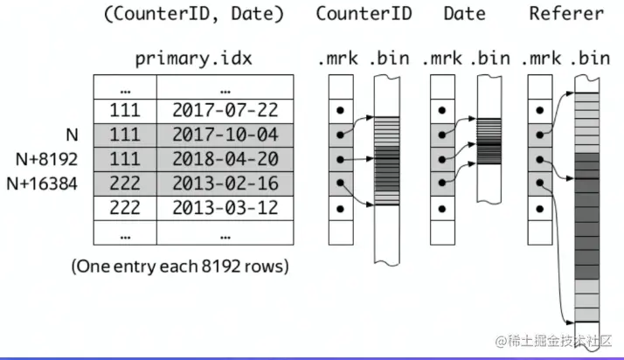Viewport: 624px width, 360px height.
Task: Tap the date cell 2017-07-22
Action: point(214,110)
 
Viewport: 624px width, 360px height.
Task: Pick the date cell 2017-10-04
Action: point(214,135)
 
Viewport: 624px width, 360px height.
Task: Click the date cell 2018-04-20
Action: point(214,159)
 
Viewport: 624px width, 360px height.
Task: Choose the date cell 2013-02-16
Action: point(214,183)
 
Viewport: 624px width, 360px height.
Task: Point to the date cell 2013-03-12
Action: point(214,208)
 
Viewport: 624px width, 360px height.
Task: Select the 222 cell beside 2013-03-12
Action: point(126,208)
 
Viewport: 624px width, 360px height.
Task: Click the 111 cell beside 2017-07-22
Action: point(126,110)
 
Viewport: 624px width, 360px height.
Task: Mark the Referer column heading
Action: point(565,14)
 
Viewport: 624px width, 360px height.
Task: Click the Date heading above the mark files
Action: point(464,14)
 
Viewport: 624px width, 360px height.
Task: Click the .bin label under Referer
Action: point(588,59)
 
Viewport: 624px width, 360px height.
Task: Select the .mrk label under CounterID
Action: point(337,59)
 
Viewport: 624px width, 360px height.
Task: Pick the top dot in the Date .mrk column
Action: point(443,110)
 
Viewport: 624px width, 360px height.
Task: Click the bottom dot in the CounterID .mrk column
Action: point(340,208)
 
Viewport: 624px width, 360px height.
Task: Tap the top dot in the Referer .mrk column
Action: point(541,110)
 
